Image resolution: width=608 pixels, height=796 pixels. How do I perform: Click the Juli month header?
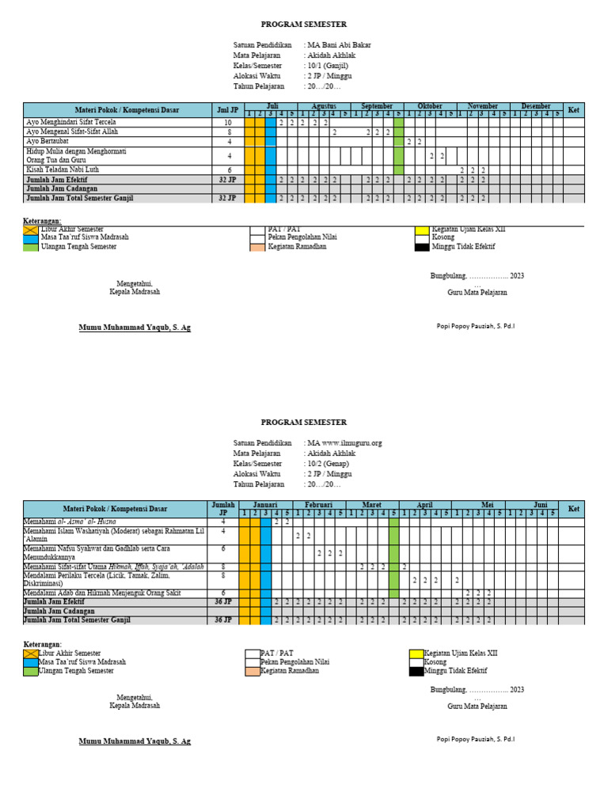272,106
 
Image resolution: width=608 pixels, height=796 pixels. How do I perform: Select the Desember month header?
535,106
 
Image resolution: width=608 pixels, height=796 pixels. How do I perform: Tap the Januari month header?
265,504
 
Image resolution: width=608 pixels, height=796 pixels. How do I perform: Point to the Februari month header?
319,504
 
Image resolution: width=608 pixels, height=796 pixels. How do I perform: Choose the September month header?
377,106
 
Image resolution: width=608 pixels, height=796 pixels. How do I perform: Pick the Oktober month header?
430,106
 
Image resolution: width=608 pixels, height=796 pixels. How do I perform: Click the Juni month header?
540,504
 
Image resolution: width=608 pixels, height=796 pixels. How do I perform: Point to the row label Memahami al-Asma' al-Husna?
70,521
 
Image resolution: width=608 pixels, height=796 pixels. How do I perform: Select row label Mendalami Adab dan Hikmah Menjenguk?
102,592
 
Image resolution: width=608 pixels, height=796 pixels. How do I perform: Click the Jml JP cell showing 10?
228,123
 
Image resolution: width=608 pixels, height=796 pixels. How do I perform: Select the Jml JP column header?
228,110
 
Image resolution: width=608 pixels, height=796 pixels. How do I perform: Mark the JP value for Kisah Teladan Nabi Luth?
228,169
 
